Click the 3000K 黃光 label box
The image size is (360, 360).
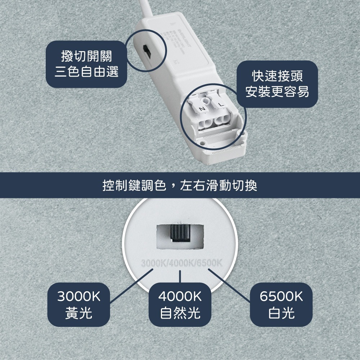pyautogui.click(x=79, y=305)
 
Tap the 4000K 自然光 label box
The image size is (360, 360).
pyautogui.click(x=180, y=305)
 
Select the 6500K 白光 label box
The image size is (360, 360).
pyautogui.click(x=281, y=305)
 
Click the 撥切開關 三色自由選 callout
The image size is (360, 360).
pyautogui.click(x=86, y=64)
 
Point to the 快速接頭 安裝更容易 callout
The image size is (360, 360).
pyautogui.click(x=277, y=84)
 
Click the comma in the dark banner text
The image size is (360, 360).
pyautogui.click(x=173, y=188)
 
